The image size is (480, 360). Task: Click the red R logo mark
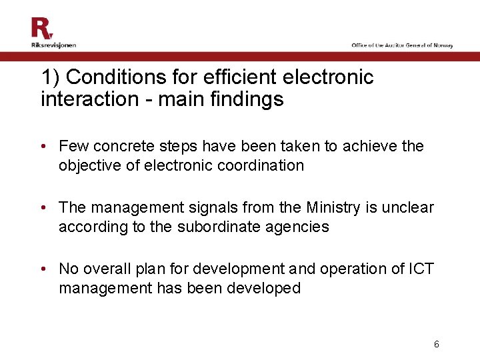coord(41,28)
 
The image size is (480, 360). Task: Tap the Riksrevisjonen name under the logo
coord(53,45)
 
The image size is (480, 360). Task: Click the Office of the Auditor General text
coord(402,45)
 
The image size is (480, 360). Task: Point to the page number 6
coord(436,345)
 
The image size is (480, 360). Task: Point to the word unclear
coord(411,207)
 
